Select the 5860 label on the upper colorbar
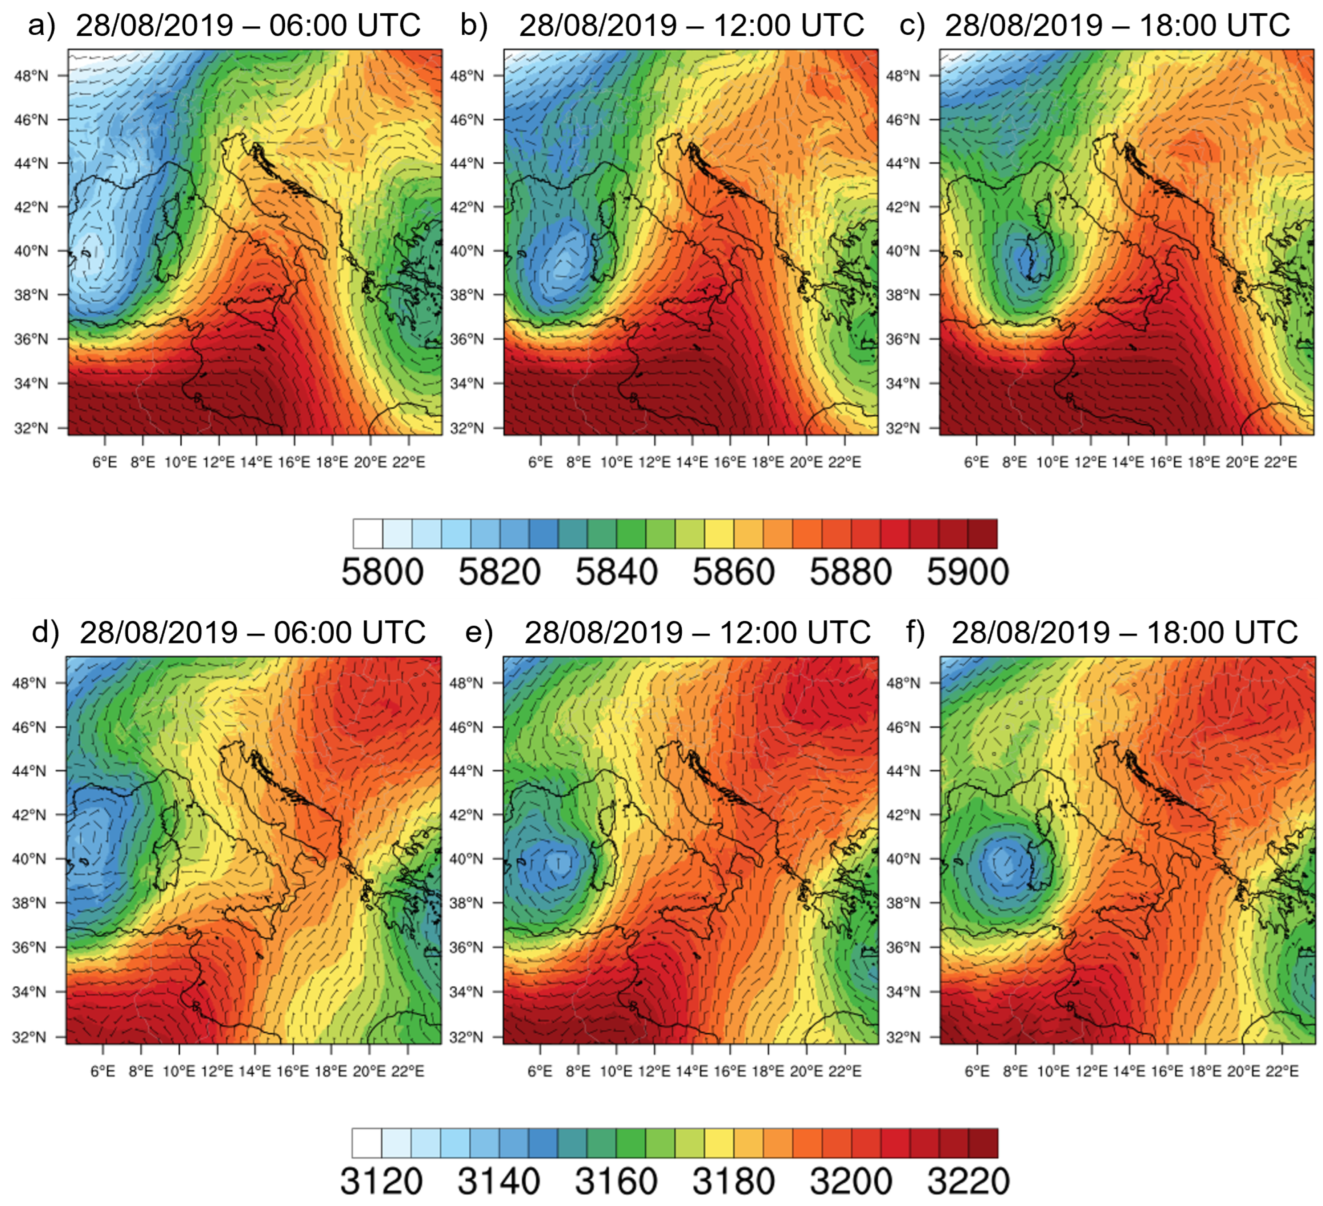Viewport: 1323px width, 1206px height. (x=733, y=572)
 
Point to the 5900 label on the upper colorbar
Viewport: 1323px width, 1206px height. (x=967, y=572)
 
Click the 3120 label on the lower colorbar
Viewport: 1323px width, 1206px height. (x=381, y=1181)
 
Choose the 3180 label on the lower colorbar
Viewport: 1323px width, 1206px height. (x=733, y=1181)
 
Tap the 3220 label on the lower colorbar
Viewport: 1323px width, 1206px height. (x=968, y=1181)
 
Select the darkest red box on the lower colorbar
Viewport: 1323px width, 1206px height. (x=983, y=1143)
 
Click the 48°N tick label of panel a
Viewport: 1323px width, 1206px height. (x=31, y=75)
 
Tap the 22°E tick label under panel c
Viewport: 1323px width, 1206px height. (x=1280, y=462)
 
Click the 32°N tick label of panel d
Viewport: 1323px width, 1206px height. (x=29, y=1037)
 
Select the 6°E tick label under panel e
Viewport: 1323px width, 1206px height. (x=540, y=1071)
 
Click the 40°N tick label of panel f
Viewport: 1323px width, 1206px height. (x=903, y=859)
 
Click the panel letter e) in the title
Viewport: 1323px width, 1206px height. (x=479, y=633)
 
